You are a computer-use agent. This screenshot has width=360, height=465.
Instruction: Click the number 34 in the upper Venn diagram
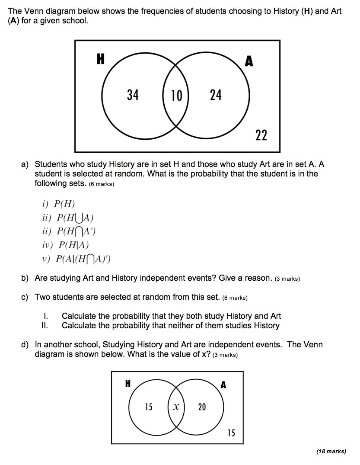click(133, 95)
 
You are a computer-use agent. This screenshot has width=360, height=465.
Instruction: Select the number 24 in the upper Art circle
click(216, 95)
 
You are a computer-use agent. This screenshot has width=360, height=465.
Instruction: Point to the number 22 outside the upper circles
click(261, 136)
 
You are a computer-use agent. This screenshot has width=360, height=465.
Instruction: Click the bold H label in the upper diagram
click(100, 60)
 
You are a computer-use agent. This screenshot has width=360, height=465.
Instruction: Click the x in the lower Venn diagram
click(175, 407)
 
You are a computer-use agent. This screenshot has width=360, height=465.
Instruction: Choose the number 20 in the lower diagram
click(202, 407)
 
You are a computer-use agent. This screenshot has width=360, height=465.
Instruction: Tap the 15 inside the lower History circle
click(148, 407)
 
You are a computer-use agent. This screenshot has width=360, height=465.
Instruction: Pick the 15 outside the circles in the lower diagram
click(231, 433)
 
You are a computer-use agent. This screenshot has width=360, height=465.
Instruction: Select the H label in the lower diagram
click(128, 383)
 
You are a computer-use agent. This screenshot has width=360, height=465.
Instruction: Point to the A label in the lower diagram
click(223, 385)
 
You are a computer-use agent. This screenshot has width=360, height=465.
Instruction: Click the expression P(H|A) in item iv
click(73, 245)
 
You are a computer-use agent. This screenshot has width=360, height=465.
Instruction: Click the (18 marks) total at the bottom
click(331, 451)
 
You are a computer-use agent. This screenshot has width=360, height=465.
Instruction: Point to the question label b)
click(25, 278)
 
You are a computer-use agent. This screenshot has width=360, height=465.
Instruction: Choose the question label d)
click(25, 345)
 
